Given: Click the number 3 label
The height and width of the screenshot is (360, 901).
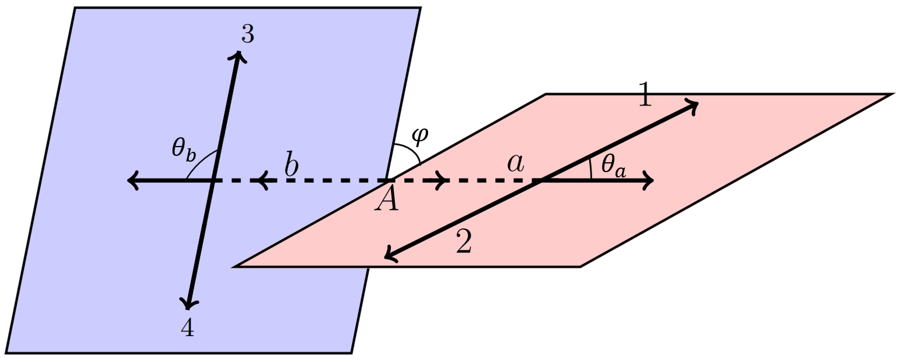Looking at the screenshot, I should pos(247,36).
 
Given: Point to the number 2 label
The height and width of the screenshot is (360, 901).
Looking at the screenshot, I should pos(464,243).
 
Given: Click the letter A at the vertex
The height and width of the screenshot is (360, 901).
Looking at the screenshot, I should pos(387,199).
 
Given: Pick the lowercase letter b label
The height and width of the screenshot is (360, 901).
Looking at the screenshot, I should pos(291,164).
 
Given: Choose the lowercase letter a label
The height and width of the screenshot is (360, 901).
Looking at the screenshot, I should pos(515,164).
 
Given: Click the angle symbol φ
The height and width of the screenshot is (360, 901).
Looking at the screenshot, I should pos(419,135).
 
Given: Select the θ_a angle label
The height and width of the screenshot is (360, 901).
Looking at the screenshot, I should pos(613,165).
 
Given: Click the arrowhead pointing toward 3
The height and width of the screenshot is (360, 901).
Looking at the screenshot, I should pos(237,55).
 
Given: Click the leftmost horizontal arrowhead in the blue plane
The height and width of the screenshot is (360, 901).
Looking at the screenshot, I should pos(133,181).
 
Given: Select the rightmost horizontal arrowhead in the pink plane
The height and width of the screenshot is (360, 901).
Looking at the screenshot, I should pos(649,181).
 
